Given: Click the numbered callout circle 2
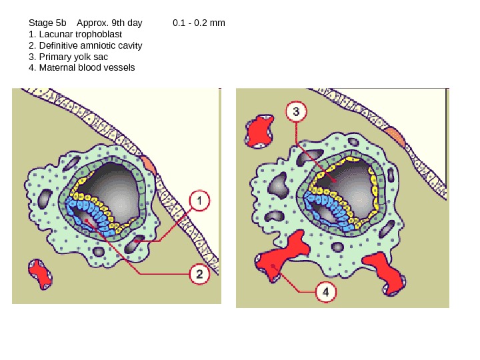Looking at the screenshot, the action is [199, 273].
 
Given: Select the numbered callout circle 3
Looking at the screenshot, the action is [296, 111].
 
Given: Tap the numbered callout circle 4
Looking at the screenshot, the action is [325, 291].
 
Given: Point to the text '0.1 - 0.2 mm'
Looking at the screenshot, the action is [199, 23].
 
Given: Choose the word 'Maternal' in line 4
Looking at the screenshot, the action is [57, 67].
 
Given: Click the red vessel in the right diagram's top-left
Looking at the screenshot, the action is [259, 131].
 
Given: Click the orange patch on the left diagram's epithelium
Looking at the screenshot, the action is [148, 163].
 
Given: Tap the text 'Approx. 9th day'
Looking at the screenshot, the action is [109, 23].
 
